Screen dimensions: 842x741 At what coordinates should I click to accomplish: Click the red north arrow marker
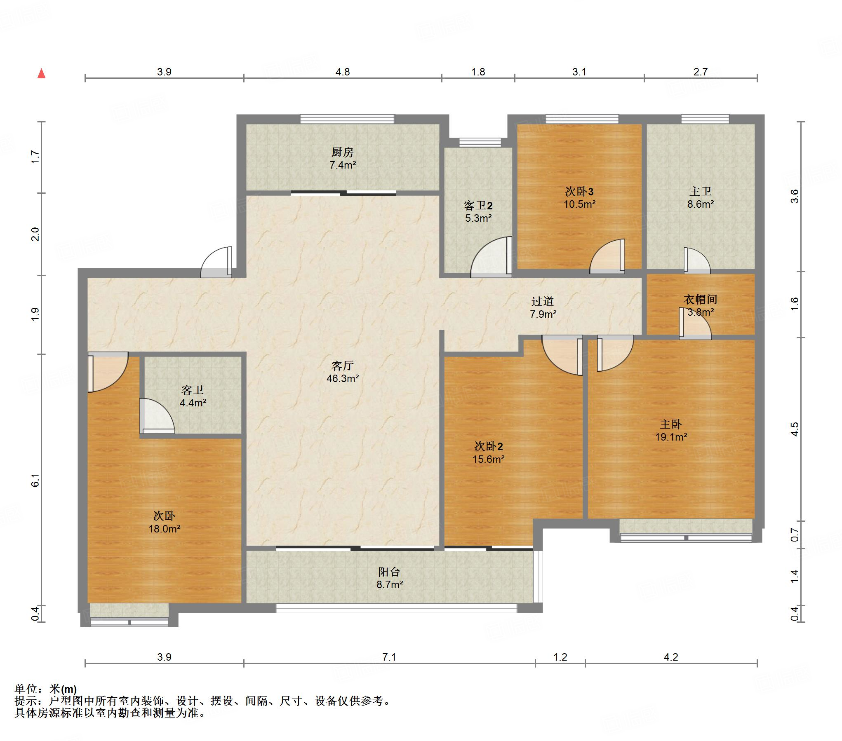[x=41, y=74]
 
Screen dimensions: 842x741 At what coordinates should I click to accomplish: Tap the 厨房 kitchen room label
[x=342, y=152]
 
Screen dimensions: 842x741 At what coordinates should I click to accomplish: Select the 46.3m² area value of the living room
[x=343, y=378]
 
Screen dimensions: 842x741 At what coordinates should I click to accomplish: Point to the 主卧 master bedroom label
[x=671, y=424]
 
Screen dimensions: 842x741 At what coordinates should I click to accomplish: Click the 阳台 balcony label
[x=389, y=572]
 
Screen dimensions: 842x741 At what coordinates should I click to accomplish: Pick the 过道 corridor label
[x=543, y=302]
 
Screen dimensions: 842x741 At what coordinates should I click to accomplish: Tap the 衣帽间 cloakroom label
[x=700, y=300]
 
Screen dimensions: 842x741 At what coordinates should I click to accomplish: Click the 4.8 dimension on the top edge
[x=343, y=72]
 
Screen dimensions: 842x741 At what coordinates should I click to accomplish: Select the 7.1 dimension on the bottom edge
[x=389, y=657]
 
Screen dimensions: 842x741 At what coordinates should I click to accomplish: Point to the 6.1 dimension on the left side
[x=35, y=480]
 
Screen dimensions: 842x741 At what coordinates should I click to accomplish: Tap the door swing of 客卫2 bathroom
[x=491, y=257]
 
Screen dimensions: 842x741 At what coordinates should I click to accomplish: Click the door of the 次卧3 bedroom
[x=607, y=256]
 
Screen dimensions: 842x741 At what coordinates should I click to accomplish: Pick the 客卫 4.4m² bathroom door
[x=157, y=416]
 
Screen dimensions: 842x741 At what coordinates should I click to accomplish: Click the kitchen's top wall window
[x=347, y=120]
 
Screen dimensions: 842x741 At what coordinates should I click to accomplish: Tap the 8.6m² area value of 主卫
[x=701, y=204]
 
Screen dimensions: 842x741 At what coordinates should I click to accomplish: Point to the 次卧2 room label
[x=489, y=446]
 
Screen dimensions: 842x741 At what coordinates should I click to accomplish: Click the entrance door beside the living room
[x=216, y=262]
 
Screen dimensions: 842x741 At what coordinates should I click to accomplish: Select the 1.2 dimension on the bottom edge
[x=560, y=657]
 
